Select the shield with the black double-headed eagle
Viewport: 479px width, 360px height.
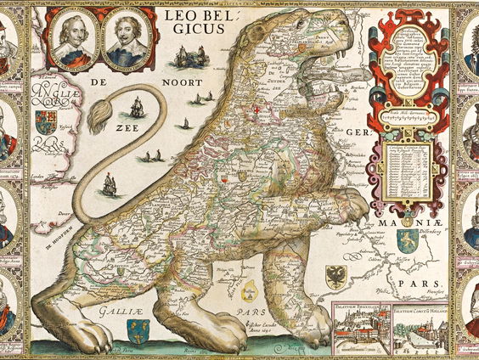338,273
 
